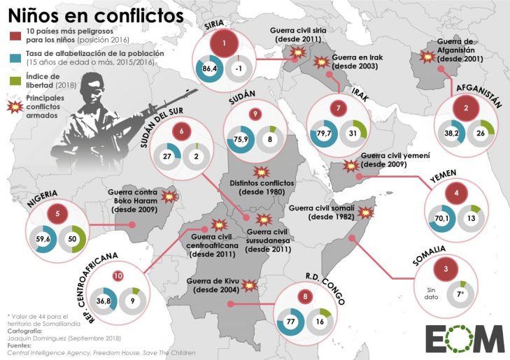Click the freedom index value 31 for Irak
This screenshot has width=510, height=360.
353,134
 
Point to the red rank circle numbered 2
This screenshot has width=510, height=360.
465,108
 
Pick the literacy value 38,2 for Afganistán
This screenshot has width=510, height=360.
451,132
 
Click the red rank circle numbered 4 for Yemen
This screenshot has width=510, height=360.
455,193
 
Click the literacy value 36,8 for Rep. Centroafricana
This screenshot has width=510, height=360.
104,301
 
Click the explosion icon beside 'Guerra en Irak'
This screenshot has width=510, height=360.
323,62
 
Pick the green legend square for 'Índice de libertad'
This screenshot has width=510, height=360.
13,80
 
